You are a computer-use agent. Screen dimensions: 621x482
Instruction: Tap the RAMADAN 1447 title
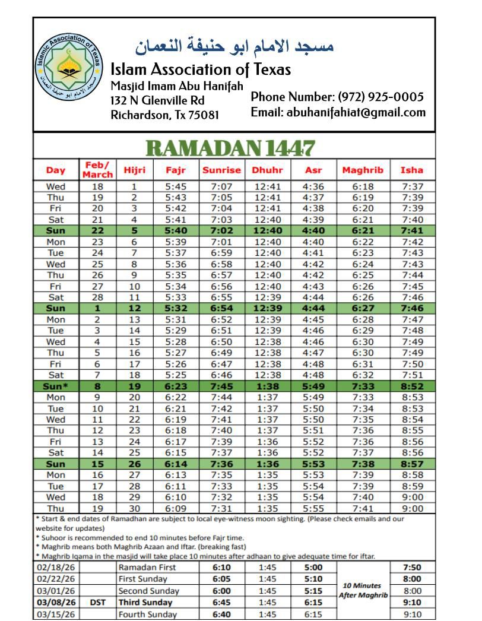click(230, 148)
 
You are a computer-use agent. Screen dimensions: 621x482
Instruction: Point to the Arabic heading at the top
click(234, 46)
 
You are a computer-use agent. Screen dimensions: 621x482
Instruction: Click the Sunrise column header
click(221, 170)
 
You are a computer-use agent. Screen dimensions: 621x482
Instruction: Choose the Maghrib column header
click(363, 170)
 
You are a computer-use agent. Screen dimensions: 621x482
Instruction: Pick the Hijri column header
click(134, 170)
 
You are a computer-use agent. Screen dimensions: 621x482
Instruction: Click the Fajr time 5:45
click(176, 186)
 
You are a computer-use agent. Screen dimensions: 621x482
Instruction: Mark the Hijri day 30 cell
click(134, 508)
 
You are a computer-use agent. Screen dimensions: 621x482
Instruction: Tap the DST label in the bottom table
click(97, 602)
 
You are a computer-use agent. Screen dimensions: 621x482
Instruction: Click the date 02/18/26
click(56, 567)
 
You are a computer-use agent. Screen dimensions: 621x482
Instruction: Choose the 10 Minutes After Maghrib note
click(363, 590)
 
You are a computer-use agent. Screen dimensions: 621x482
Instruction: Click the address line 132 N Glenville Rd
click(157, 100)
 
